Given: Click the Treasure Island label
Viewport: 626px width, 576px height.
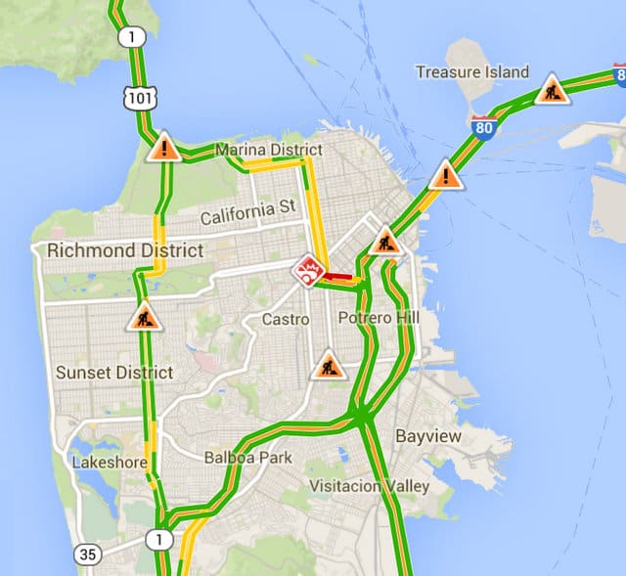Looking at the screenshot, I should coord(471,72).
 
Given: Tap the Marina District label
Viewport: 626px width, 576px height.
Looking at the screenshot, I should coord(267,150).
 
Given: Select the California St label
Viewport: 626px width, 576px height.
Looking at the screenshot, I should coord(247,210).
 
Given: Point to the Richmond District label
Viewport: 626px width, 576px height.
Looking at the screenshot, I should coord(125,250).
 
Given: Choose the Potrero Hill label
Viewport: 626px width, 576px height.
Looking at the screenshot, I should coord(378,319).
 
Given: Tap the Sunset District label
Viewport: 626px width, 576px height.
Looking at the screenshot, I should coord(113,373).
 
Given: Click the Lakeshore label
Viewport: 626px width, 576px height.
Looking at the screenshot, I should coord(109,461).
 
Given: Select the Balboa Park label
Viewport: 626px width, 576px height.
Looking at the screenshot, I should coord(247,457).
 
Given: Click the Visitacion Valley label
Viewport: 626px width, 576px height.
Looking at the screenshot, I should coord(369,486).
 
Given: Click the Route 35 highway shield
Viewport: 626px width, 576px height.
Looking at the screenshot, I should coord(88,554).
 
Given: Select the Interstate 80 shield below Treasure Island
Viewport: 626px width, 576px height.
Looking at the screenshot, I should coord(483,126).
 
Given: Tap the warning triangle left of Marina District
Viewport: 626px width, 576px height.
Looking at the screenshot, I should coord(164,148).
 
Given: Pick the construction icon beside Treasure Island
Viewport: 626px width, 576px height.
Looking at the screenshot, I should coord(552,90).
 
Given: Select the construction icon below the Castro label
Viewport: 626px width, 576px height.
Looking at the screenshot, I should coord(328,366).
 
